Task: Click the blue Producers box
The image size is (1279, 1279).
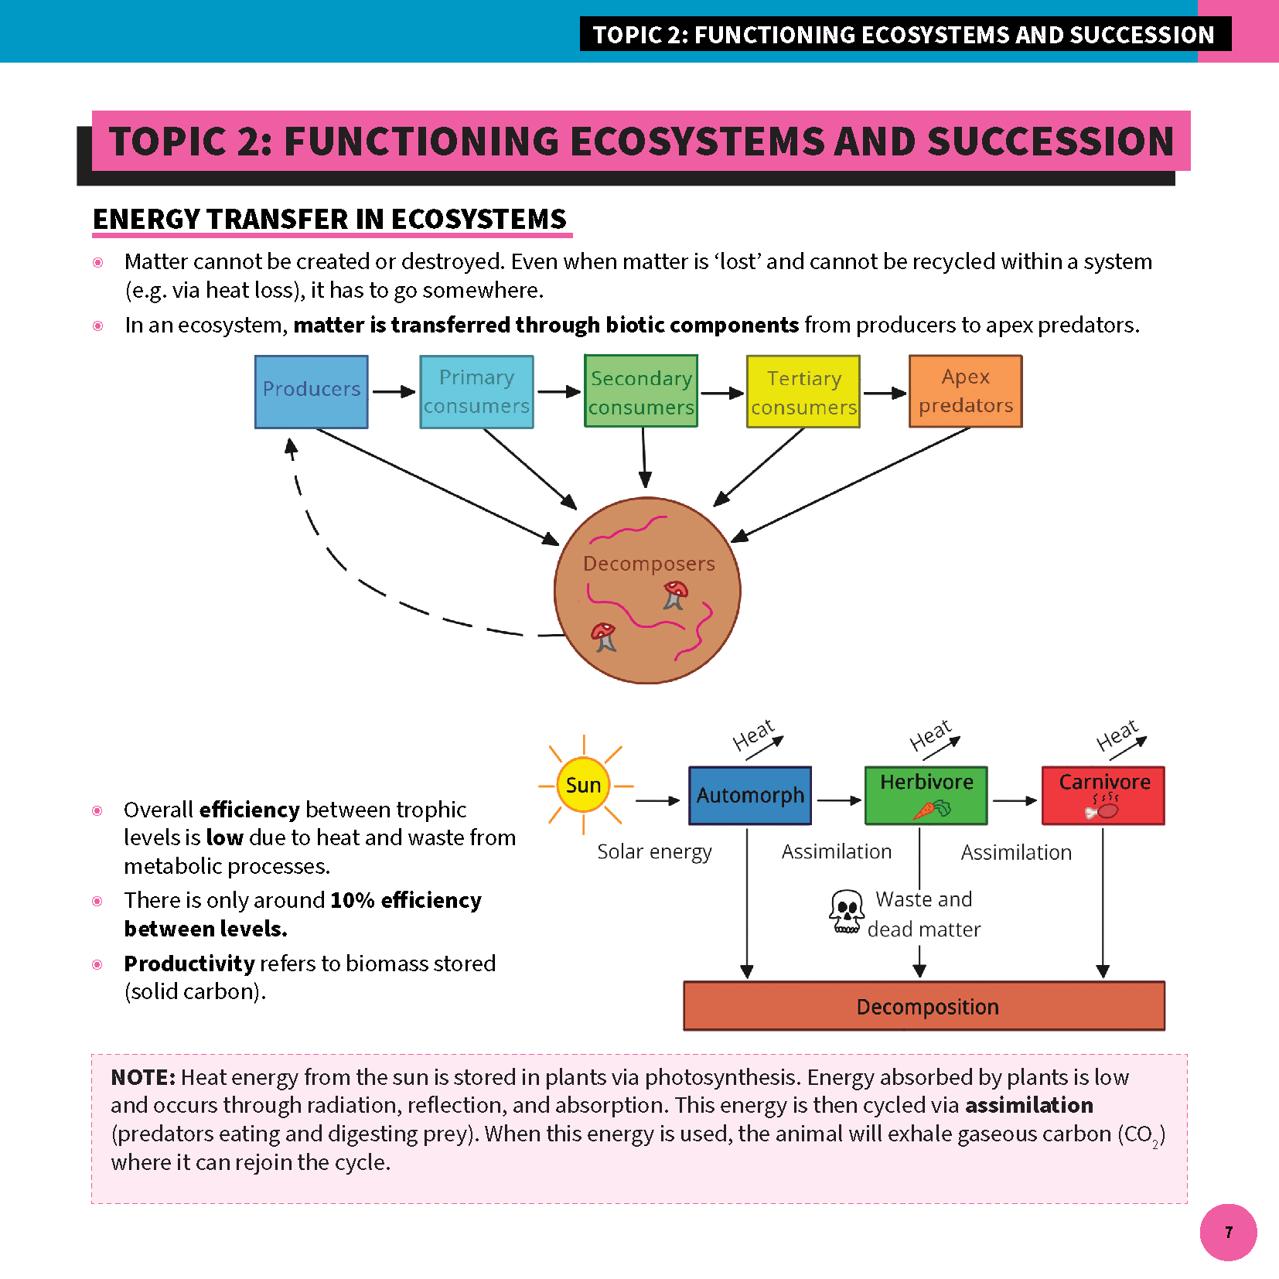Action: pyautogui.click(x=312, y=391)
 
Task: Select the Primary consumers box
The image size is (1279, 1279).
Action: pyautogui.click(x=476, y=391)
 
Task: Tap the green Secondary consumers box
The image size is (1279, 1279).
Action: pyautogui.click(x=641, y=391)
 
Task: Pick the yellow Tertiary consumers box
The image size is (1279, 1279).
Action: pyautogui.click(x=803, y=391)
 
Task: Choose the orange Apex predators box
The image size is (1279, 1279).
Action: pyautogui.click(x=966, y=391)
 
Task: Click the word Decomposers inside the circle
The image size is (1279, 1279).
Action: pyautogui.click(x=649, y=564)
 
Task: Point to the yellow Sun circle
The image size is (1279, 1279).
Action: pyautogui.click(x=583, y=786)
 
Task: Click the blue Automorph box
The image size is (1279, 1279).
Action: pyautogui.click(x=750, y=795)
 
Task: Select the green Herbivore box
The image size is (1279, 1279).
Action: pyautogui.click(x=926, y=795)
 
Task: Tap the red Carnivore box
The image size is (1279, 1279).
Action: pyautogui.click(x=1103, y=795)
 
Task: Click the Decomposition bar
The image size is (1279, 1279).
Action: pyautogui.click(x=925, y=1006)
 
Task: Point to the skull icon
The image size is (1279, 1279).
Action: pyautogui.click(x=847, y=912)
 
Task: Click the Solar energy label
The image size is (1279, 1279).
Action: pyautogui.click(x=654, y=851)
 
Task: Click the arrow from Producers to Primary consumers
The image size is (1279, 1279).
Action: pyautogui.click(x=394, y=392)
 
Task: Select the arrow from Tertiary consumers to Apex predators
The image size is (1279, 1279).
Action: pyautogui.click(x=885, y=393)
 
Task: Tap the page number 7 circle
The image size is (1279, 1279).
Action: pyautogui.click(x=1228, y=1232)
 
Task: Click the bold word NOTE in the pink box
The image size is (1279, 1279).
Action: pyautogui.click(x=143, y=1077)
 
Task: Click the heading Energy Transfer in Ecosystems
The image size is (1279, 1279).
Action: pyautogui.click(x=330, y=220)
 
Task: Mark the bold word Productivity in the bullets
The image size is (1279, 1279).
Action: pyautogui.click(x=189, y=964)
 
